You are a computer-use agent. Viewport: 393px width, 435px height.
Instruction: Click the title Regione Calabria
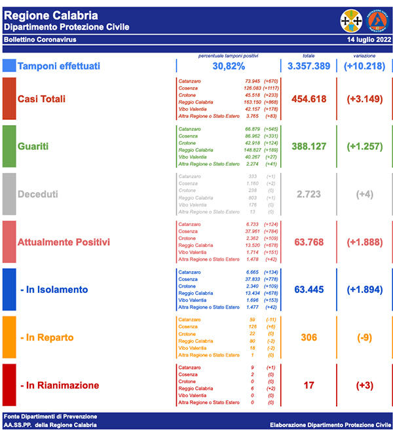tap(51, 15)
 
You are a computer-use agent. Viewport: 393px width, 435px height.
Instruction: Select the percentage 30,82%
tap(229, 66)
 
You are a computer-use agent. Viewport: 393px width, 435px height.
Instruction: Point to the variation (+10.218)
tap(364, 66)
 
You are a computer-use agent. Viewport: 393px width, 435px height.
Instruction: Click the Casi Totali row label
tap(50, 98)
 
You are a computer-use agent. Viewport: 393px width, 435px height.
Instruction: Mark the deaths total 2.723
tap(308, 195)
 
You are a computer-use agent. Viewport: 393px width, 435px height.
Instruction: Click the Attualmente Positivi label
tap(64, 242)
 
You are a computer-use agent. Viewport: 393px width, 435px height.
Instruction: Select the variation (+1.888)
tap(364, 242)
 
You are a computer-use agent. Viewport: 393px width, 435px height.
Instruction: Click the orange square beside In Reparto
tap(9, 337)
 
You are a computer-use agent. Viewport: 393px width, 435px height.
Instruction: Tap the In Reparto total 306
tap(308, 337)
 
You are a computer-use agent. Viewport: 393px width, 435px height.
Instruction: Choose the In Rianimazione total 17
tap(308, 385)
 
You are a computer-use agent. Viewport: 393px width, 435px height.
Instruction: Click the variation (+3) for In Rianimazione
tap(364, 385)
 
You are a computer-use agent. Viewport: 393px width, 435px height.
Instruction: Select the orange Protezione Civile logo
tap(377, 20)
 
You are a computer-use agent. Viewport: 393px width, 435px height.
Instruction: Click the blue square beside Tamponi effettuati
tap(9, 66)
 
